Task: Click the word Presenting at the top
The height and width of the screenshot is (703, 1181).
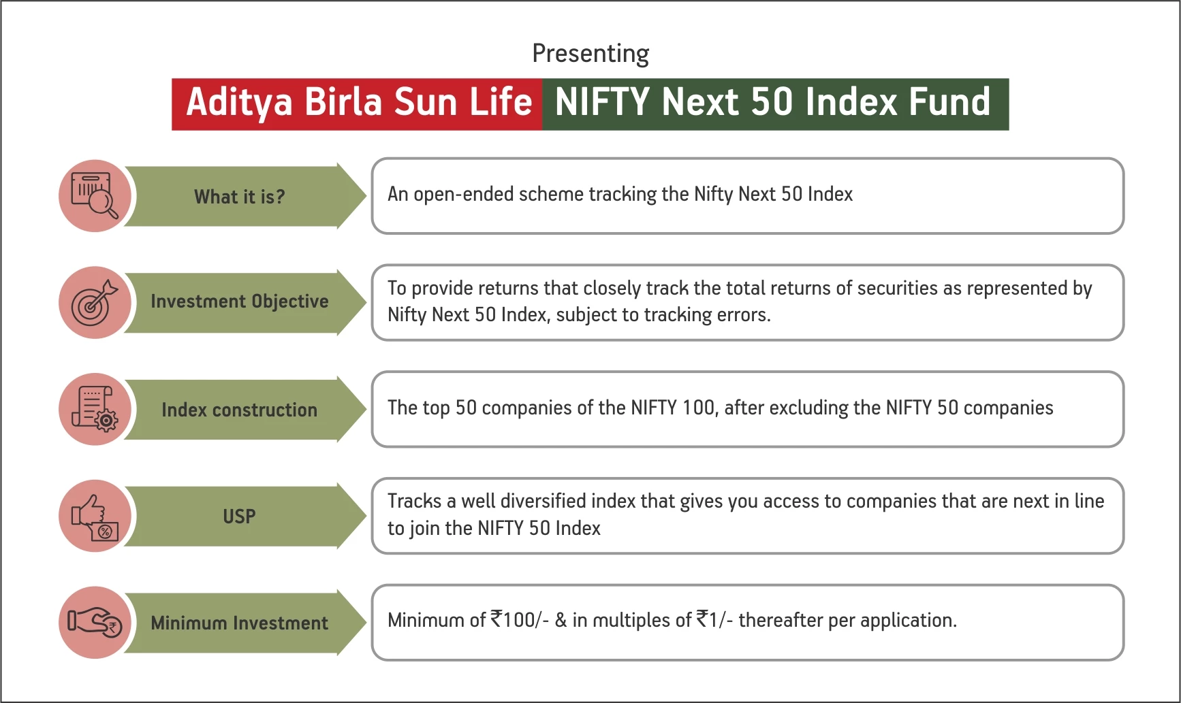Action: click(x=590, y=54)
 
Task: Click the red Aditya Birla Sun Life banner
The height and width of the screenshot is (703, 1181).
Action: click(x=358, y=103)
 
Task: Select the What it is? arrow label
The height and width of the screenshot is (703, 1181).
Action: click(x=240, y=197)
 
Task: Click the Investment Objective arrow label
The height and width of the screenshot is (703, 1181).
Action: click(x=240, y=301)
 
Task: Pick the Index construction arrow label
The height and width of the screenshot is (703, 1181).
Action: click(x=240, y=410)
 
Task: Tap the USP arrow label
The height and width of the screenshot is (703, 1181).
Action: click(x=240, y=517)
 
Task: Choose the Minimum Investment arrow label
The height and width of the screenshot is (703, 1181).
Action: click(x=240, y=623)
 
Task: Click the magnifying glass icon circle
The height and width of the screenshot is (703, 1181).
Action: click(x=95, y=196)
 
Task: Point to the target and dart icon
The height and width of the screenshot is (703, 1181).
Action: click(x=95, y=303)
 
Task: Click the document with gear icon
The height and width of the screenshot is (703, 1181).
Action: click(x=95, y=409)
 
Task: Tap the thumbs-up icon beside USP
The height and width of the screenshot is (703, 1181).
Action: click(x=95, y=516)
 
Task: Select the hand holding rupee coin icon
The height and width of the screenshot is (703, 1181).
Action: click(x=95, y=622)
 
